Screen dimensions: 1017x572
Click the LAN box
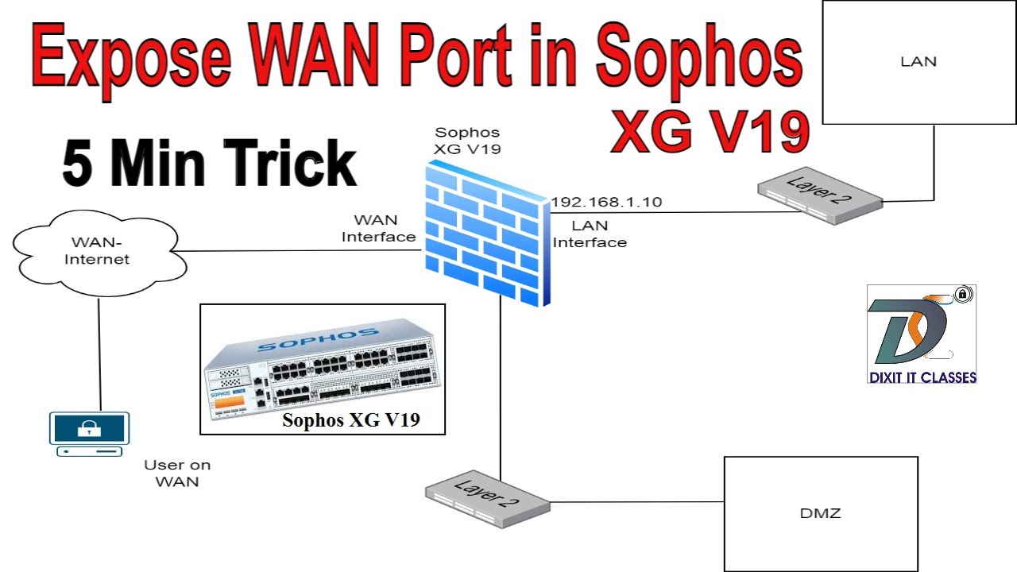918,62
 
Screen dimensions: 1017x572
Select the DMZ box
820,513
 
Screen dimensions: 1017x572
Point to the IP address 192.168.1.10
607,203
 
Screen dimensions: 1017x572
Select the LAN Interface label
590,234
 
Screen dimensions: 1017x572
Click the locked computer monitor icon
88,433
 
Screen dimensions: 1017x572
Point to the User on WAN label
177,473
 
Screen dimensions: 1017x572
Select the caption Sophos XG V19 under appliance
350,420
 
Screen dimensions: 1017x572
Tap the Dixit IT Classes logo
921,334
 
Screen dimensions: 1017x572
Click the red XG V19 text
710,131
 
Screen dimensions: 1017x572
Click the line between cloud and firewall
298,252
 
